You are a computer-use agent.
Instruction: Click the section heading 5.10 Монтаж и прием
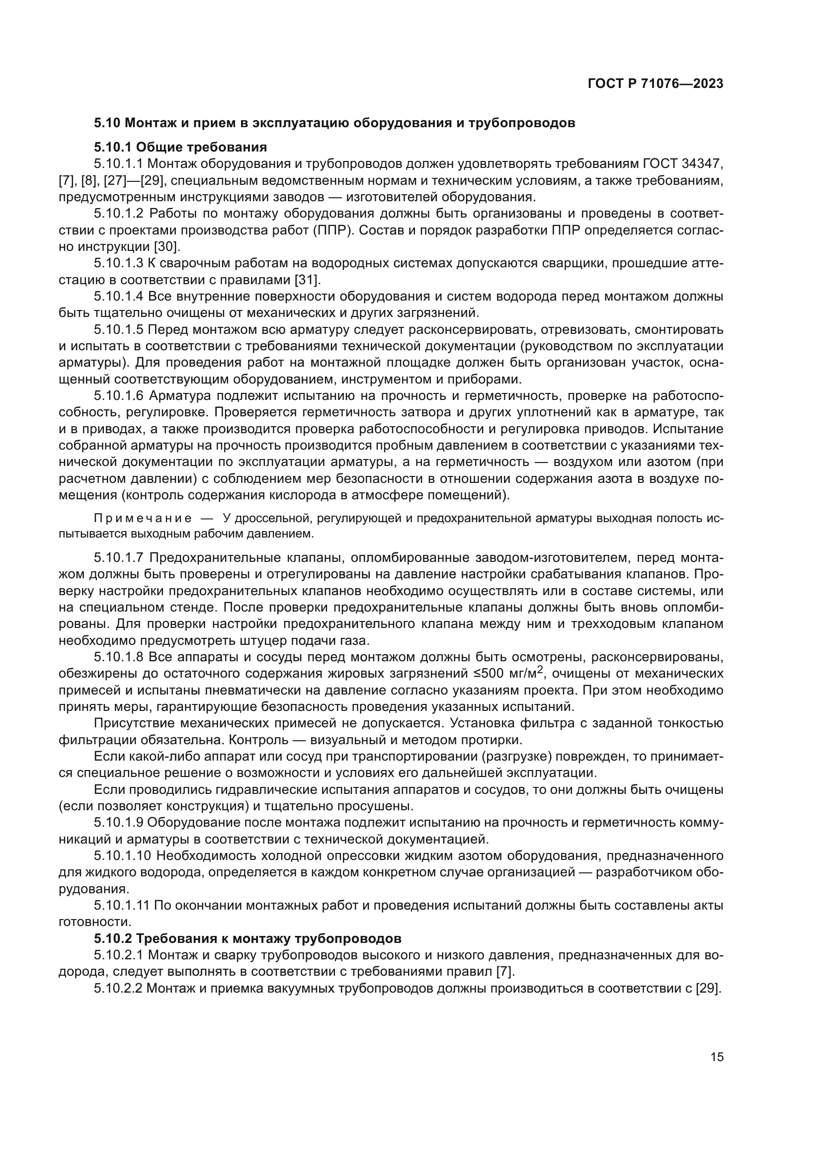point(334,123)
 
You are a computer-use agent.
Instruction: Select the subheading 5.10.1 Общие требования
point(180,147)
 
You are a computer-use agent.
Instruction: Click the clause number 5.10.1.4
point(118,297)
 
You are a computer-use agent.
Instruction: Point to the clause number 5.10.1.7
point(118,558)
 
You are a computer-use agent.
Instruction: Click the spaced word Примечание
point(143,518)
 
